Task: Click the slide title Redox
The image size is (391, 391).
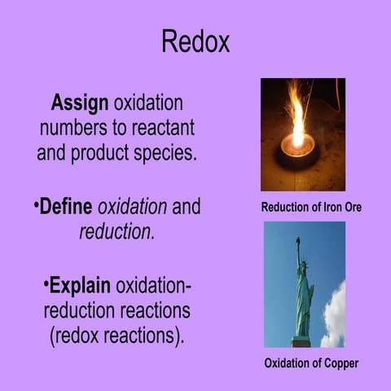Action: coord(195,40)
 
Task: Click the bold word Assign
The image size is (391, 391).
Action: coord(80,105)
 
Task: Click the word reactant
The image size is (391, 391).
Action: coord(166,129)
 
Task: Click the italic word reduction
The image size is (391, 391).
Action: coord(115,231)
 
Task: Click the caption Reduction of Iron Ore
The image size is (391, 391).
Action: coord(310,208)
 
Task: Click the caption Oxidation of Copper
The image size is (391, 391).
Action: coord(311,362)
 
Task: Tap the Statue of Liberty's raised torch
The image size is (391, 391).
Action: coord(298,242)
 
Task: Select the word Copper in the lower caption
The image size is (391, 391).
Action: coord(339,362)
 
